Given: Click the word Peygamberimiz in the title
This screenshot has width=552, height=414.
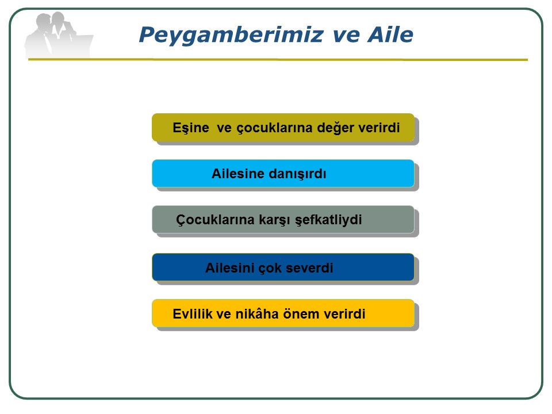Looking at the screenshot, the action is point(231,36).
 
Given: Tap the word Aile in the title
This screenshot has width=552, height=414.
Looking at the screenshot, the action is point(390,34).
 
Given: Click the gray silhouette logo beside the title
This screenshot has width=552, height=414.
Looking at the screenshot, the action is point(58,34).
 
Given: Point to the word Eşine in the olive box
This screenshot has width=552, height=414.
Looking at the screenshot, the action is point(191,128).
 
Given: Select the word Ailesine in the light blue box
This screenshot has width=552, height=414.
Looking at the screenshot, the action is point(237,174).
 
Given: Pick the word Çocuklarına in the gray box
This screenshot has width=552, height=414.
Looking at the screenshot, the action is point(215,220).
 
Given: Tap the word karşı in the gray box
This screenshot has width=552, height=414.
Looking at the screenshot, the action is point(275,220).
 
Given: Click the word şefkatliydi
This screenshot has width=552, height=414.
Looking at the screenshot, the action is point(328,220).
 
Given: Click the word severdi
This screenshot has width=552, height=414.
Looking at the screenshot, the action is point(309,268).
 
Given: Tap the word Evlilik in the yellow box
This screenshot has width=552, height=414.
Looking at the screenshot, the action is point(192,314).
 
